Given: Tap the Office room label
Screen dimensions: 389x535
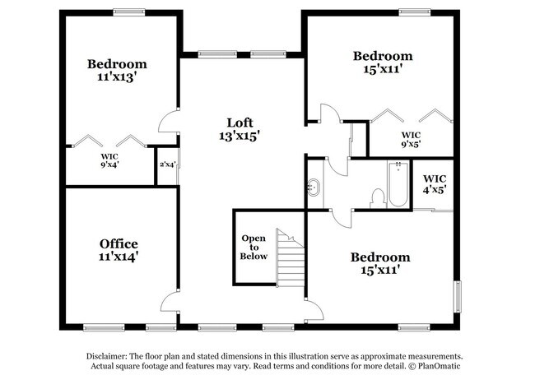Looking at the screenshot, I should pos(119,243).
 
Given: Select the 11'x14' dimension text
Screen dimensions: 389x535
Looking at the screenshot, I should pos(119,257).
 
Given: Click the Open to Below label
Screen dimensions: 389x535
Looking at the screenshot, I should pos(254,247).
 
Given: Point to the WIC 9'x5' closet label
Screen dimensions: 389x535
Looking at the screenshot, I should pos(411,139).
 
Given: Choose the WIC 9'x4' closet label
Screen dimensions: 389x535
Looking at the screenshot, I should pos(110,160).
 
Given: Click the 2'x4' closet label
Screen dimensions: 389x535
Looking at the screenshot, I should pos(167,164).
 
